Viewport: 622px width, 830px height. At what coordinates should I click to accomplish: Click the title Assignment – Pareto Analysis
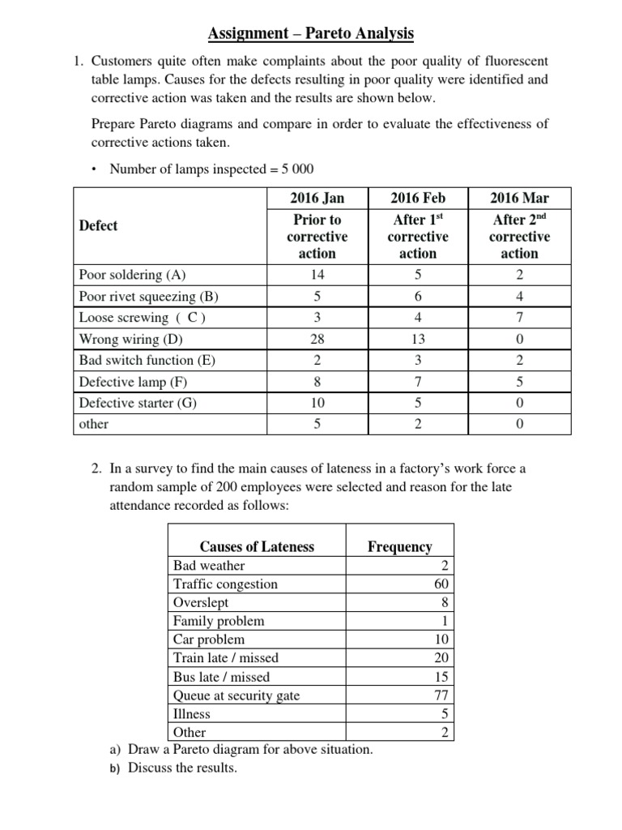(x=311, y=33)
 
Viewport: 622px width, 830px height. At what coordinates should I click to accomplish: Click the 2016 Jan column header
(x=317, y=199)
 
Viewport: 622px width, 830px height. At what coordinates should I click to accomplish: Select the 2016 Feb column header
(x=418, y=199)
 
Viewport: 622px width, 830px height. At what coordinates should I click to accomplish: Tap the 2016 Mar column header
(x=519, y=199)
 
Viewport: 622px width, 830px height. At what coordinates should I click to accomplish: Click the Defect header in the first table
(x=98, y=225)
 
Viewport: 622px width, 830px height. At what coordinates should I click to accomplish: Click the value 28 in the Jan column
(x=317, y=339)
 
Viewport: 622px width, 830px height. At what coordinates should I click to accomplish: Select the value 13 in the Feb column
(x=418, y=339)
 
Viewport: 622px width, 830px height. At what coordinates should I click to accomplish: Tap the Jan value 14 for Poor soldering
(x=317, y=275)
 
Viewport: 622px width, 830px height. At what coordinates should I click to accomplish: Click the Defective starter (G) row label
(x=138, y=402)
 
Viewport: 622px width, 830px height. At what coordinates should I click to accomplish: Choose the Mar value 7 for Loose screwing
(x=519, y=317)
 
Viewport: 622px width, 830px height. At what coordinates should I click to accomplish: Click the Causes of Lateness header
(x=257, y=546)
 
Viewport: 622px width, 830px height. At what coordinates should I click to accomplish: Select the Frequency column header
(x=399, y=546)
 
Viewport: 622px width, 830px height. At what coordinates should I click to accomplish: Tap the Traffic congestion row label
(x=225, y=584)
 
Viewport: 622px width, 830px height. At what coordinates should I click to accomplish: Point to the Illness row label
(x=192, y=714)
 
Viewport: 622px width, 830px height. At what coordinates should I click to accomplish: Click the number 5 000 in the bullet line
(x=295, y=169)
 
